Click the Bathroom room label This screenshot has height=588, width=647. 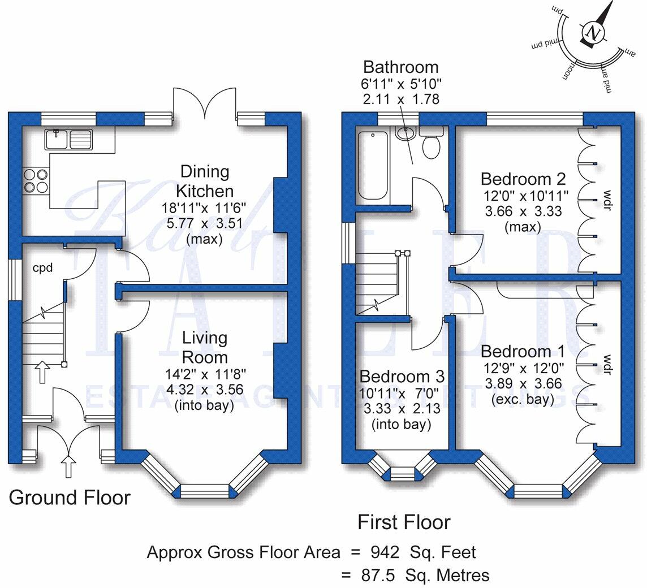tap(400, 67)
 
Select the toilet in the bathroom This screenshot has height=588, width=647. tap(432, 144)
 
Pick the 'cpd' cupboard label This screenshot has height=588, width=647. tap(42, 267)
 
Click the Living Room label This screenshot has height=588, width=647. tap(205, 348)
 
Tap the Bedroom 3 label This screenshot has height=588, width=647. tap(402, 377)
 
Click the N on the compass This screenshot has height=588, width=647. tap(593, 32)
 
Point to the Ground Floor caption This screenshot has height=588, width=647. tap(70, 498)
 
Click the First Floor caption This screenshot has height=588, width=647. tap(404, 522)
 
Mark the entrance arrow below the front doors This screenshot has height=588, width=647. tap(68, 466)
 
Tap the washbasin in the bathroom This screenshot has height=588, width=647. tap(406, 133)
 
